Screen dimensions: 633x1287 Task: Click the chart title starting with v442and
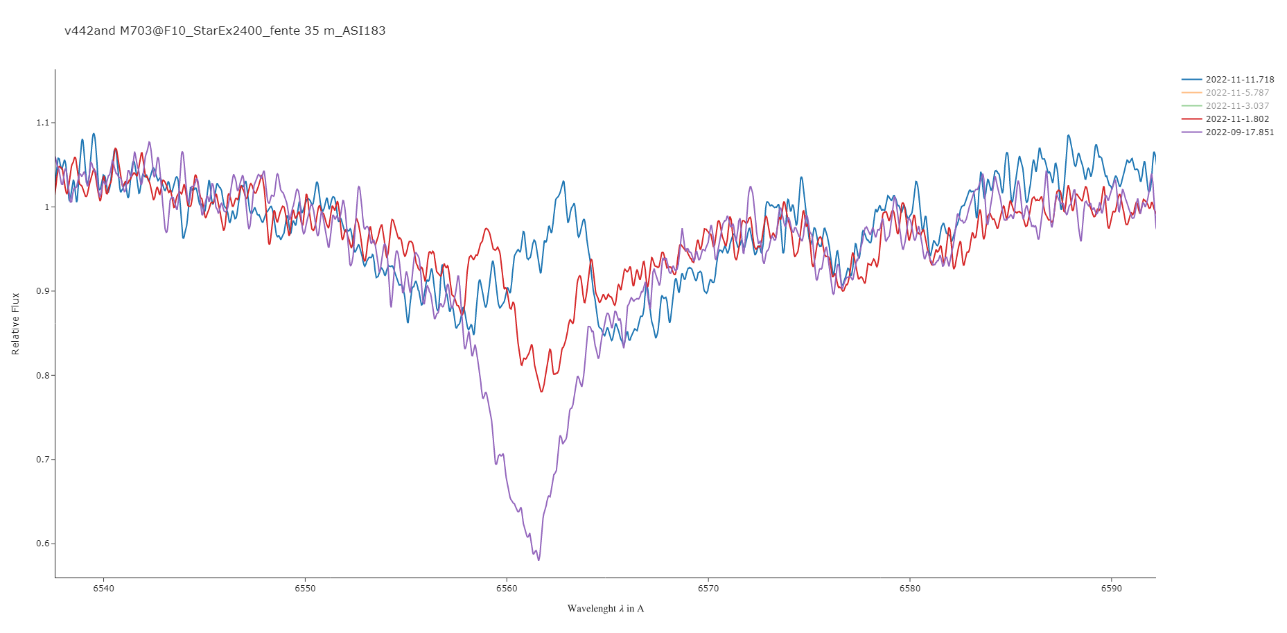coord(225,31)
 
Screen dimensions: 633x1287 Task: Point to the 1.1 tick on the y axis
coord(43,123)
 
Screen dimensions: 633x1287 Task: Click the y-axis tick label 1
coord(47,207)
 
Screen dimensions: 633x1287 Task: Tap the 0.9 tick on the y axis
coord(43,291)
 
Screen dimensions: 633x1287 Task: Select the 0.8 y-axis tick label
coord(43,376)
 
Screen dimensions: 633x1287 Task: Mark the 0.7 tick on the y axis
coord(43,460)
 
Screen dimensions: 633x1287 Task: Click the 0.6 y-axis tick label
coord(43,544)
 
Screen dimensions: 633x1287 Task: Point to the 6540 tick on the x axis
coord(103,589)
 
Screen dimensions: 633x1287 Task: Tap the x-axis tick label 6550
coord(305,589)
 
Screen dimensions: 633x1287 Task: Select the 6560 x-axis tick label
coord(507,589)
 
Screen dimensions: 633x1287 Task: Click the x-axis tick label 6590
coord(1111,589)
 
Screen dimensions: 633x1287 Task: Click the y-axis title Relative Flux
coord(16,324)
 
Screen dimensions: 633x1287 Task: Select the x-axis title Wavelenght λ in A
coord(605,609)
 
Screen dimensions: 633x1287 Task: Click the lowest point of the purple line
coord(539,560)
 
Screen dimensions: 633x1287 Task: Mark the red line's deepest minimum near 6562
coord(542,392)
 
